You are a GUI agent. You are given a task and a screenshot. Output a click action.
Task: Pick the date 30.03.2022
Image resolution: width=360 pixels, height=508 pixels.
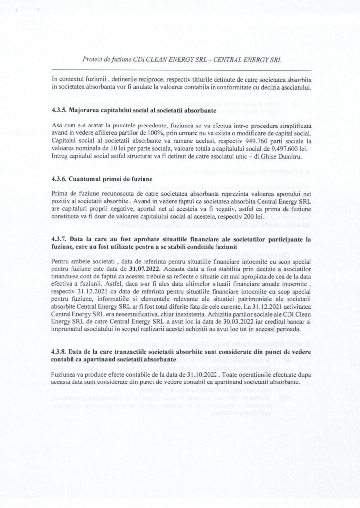pyautogui.click(x=215, y=320)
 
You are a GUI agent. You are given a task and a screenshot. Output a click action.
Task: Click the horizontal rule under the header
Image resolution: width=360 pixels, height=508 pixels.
pyautogui.click(x=180, y=70)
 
